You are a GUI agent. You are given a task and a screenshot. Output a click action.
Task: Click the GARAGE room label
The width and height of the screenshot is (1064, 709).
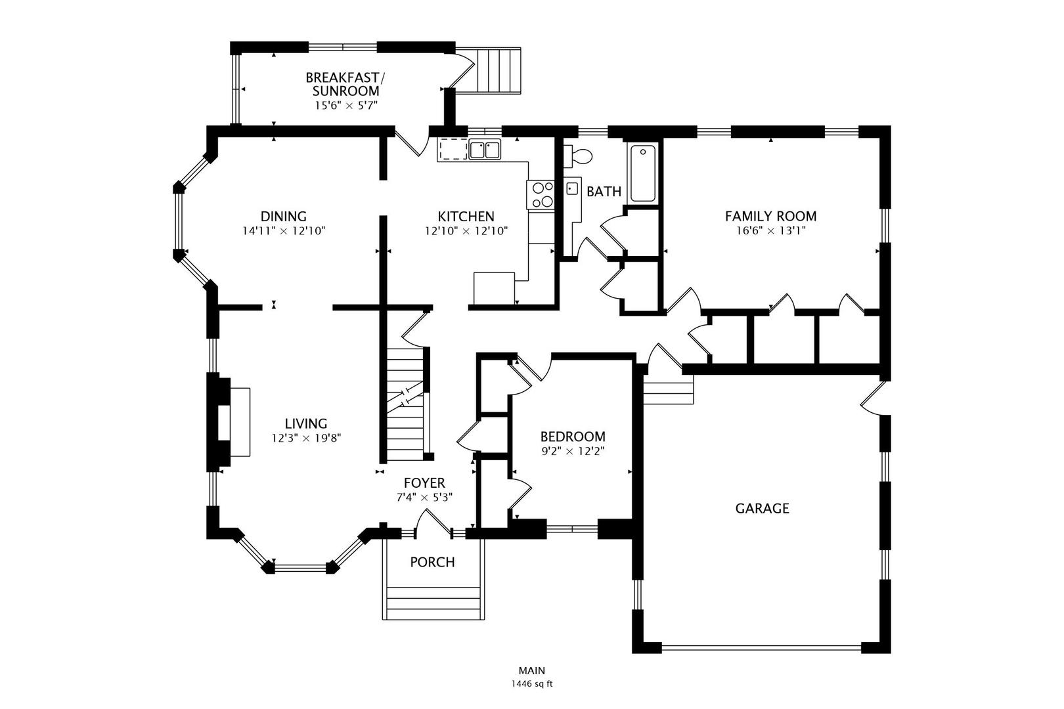point(762,509)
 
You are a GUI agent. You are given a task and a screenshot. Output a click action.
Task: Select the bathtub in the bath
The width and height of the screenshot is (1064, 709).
point(643,174)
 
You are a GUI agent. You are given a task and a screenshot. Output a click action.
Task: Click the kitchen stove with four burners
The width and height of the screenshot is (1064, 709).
point(541,195)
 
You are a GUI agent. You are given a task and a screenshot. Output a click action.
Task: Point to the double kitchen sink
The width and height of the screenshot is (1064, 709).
point(485,150)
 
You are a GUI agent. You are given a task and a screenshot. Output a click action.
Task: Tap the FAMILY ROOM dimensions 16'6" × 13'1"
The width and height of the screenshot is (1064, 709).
point(770,231)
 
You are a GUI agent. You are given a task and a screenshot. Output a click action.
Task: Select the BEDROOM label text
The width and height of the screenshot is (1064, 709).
point(573,437)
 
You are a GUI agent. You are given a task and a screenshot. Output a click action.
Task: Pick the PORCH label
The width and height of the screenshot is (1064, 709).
point(432,562)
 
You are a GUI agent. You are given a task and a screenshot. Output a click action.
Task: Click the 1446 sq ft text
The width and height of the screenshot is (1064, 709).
point(532,684)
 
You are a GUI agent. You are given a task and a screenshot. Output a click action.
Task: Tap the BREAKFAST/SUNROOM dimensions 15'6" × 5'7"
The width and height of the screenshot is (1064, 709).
point(345,106)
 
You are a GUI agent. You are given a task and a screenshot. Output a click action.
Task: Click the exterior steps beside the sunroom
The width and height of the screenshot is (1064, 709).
point(499,70)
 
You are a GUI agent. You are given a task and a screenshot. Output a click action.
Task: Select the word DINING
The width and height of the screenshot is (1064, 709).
point(284,217)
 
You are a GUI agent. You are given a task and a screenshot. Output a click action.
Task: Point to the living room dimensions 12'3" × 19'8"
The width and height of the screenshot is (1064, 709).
point(306,439)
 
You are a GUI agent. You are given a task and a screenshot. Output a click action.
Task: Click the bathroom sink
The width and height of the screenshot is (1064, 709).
point(573,188)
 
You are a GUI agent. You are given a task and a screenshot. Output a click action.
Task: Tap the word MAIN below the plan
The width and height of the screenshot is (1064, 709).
point(532,670)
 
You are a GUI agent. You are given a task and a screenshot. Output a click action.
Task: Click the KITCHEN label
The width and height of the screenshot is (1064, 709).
point(466,217)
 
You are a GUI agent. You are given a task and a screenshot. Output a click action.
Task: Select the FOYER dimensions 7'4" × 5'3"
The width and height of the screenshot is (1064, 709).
point(424,498)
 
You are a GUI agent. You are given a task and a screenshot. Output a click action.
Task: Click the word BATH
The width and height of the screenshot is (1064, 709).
point(604,192)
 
